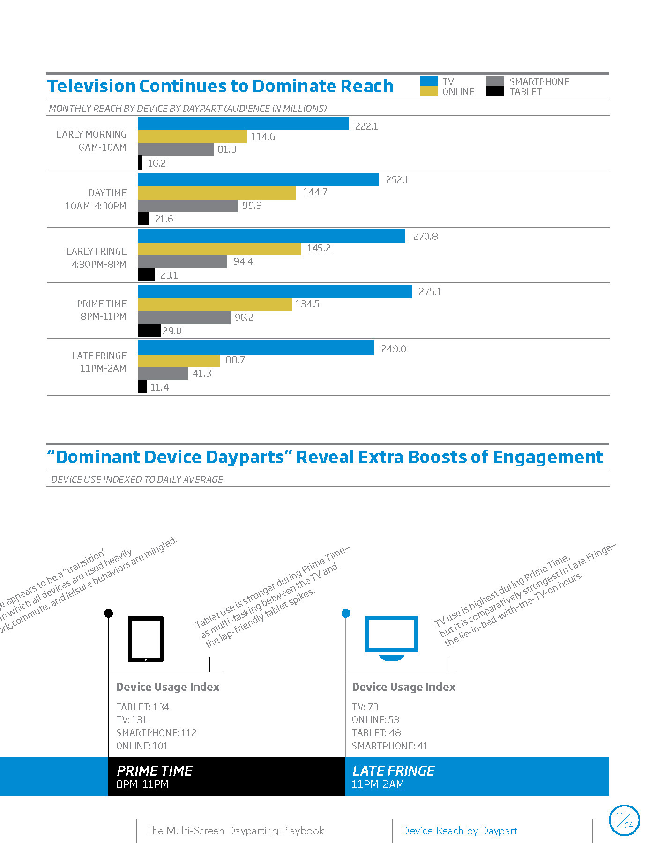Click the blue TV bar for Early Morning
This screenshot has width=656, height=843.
click(243, 124)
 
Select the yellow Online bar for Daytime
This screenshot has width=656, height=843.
click(217, 193)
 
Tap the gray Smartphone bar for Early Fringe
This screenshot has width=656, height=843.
click(182, 262)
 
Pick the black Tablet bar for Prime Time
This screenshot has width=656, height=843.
click(149, 331)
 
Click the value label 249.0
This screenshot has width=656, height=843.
click(393, 349)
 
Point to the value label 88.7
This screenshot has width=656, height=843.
click(235, 360)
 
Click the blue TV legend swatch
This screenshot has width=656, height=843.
click(428, 81)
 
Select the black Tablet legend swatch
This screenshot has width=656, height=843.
click(495, 91)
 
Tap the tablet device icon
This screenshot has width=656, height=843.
click(146, 639)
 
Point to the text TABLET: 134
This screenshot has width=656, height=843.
click(142, 707)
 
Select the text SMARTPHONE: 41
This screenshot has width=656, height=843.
click(389, 746)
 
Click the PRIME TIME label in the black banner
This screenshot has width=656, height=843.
click(154, 770)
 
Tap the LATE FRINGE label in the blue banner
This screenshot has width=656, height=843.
click(393, 770)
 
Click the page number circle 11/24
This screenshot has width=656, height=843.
click(624, 820)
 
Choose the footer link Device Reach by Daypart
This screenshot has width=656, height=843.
click(459, 830)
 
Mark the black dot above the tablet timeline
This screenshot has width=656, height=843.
click(108, 613)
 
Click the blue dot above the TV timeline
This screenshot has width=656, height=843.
click(346, 613)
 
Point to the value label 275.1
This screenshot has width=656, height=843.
click(430, 292)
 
